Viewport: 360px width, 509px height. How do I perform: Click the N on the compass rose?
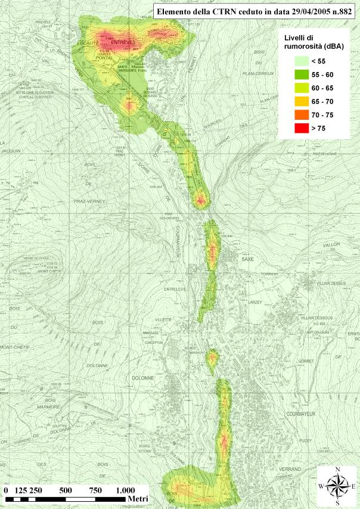pos(338,470)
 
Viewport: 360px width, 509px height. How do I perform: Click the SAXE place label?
pos(247,259)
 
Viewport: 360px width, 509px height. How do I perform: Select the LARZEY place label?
pos(255,303)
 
